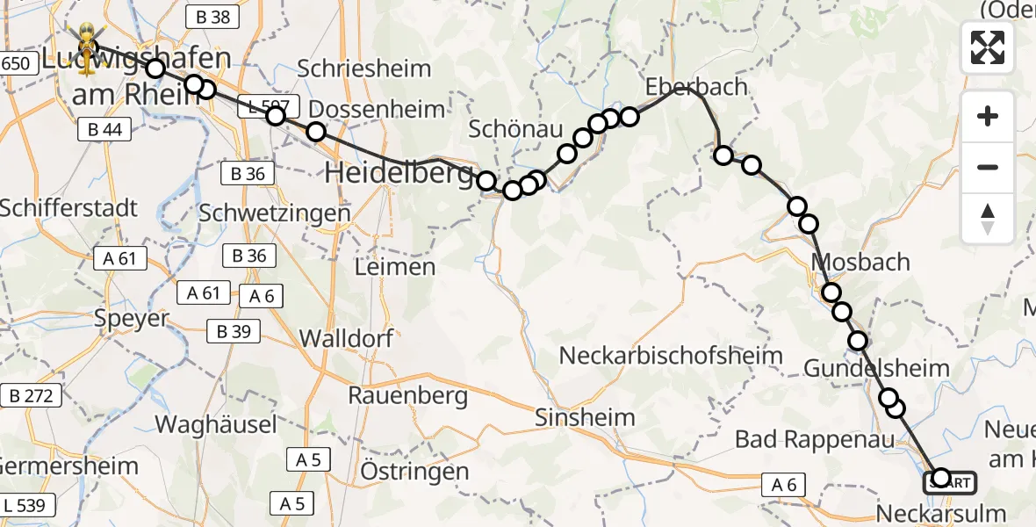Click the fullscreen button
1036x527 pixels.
point(988,47)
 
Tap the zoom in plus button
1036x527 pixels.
point(988,116)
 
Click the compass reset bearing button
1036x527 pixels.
point(988,219)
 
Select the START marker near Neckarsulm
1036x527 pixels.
point(948,481)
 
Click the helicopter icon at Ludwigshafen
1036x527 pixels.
point(87,40)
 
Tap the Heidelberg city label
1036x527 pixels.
point(399,173)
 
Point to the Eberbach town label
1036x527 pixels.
point(696,86)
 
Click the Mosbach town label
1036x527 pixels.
point(860,262)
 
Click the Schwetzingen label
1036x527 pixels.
point(275,213)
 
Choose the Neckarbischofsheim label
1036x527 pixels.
point(671,356)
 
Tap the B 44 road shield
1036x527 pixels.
point(104,130)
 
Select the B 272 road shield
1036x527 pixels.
point(30,396)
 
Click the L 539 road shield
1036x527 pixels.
point(29,504)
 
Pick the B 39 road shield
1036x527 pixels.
point(234,331)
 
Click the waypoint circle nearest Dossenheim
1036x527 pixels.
point(316,132)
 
